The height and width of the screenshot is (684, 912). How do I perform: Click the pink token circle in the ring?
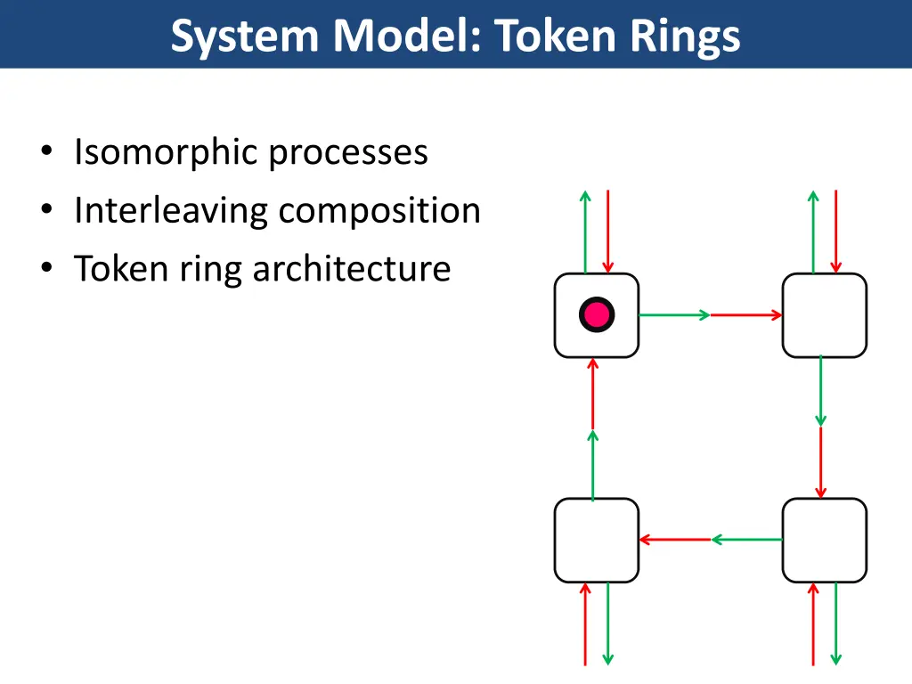597,314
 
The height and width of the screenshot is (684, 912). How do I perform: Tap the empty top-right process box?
825,315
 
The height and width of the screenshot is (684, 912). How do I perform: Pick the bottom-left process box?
597,540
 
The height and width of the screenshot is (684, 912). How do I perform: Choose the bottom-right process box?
825,540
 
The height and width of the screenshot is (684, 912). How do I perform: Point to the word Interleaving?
171,211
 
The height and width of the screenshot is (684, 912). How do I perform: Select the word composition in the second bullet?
379,211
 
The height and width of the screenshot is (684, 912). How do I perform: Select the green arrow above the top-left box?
585,232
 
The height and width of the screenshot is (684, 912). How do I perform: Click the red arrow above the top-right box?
835,232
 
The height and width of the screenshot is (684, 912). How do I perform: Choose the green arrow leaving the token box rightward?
674,314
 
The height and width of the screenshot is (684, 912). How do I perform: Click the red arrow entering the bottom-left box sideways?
675,540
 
